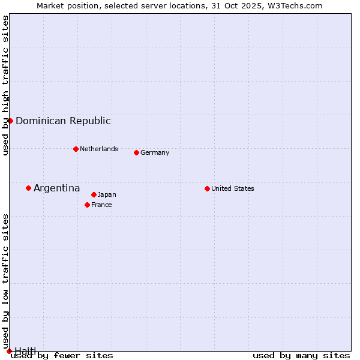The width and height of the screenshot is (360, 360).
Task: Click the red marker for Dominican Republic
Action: (10, 121)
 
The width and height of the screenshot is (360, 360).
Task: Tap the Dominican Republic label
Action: (63, 121)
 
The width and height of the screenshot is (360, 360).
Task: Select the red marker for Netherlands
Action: (76, 149)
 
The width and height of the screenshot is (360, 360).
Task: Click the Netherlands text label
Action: (99, 149)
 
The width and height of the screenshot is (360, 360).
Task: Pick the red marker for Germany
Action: (136, 152)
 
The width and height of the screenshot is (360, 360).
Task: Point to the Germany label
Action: (155, 152)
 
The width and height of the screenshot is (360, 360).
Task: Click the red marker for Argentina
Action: (28, 188)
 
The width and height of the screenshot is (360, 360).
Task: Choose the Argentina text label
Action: (56, 188)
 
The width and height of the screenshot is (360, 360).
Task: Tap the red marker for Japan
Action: (94, 194)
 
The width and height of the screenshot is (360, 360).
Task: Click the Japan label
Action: (107, 194)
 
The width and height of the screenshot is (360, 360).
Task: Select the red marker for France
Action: (87, 205)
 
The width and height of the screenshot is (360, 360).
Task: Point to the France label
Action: (101, 205)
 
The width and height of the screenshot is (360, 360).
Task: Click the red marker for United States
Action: (207, 188)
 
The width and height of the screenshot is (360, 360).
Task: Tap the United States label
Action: (233, 188)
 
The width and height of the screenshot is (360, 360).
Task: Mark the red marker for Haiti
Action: (9, 350)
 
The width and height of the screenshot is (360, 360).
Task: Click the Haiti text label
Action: (25, 350)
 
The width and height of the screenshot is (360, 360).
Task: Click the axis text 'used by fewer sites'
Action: (62, 355)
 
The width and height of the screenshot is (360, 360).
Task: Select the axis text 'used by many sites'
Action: (301, 355)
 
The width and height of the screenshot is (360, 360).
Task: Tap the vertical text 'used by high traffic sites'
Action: (5, 85)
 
